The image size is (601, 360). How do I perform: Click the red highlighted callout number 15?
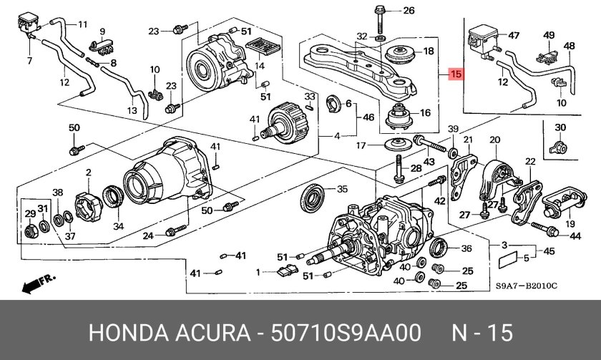coord(456,74)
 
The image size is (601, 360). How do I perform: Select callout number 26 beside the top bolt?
coord(409,10)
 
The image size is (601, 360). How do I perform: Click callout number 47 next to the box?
coord(513,34)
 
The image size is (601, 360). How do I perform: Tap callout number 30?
coord(560,127)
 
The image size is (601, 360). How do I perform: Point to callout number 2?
coord(89,172)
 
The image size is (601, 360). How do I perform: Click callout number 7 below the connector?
coord(30,60)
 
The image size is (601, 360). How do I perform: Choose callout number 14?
coord(260,66)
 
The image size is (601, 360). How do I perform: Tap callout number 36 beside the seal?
coord(466,248)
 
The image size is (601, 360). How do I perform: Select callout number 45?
coord(549,251)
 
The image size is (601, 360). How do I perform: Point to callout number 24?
coord(148,235)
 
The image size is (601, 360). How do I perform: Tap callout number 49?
coord(549,34)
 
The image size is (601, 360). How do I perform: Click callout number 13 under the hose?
coord(132,111)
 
